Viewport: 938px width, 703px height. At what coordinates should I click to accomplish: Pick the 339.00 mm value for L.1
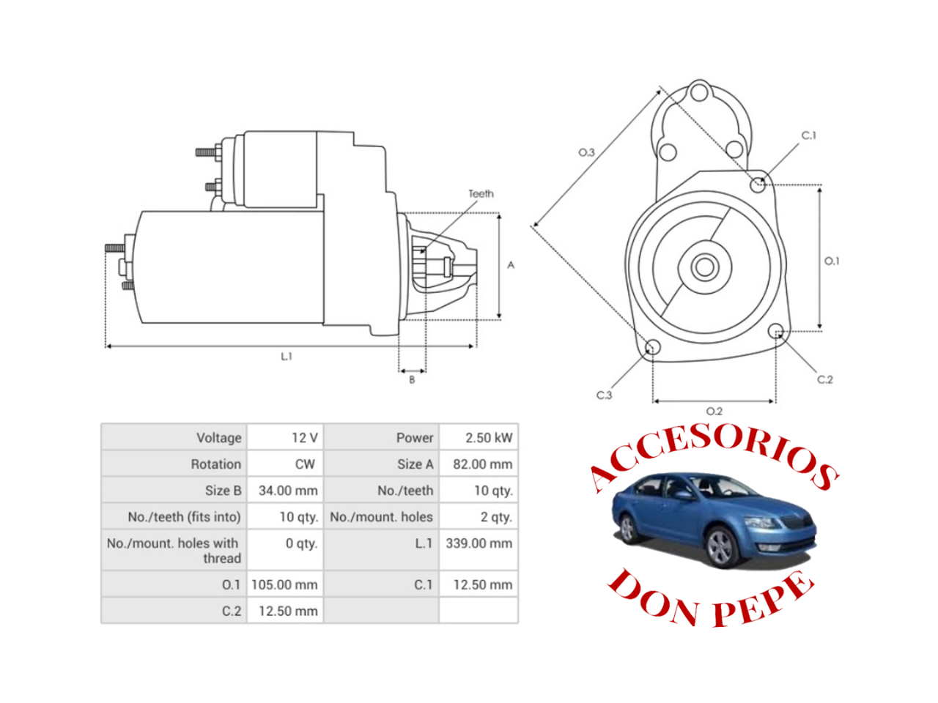(479, 543)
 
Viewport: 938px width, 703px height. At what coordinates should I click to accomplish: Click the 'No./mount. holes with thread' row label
(174, 551)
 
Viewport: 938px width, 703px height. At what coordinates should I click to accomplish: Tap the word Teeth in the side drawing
(481, 194)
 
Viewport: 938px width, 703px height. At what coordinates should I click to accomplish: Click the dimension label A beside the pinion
(511, 265)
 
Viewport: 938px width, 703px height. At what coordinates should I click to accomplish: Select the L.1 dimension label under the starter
(286, 357)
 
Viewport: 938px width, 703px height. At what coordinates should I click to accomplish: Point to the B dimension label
(412, 380)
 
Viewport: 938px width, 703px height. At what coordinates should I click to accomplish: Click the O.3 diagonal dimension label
(586, 152)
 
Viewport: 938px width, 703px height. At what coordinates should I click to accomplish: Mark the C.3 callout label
(604, 395)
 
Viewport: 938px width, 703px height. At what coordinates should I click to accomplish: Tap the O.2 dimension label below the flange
(714, 412)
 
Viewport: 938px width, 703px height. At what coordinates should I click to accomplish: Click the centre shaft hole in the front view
(705, 267)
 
